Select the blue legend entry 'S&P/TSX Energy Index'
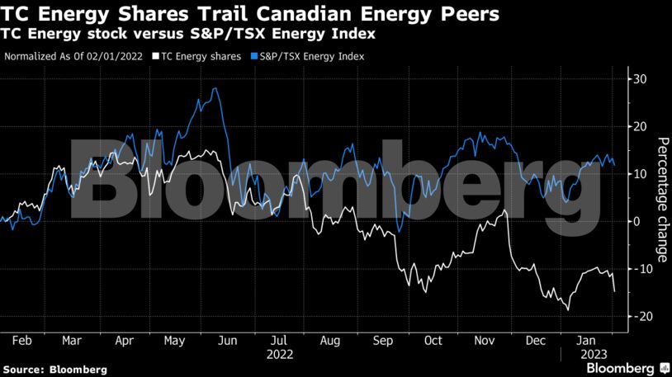click(311, 57)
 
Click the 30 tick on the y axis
click(641, 79)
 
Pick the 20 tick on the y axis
click(641, 126)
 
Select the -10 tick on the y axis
click(640, 269)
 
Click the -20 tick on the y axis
click(640, 317)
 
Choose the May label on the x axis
click(174, 340)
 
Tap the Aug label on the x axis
click(329, 340)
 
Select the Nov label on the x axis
click(485, 340)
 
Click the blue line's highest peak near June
click(215, 88)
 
